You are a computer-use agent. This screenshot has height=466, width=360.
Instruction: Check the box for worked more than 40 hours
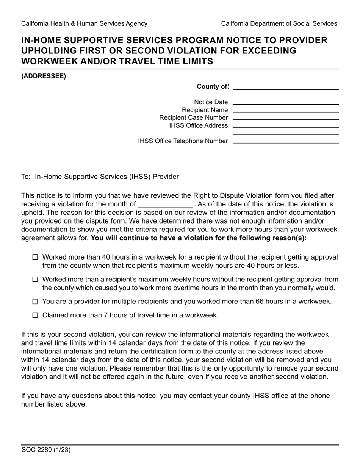coord(35,257)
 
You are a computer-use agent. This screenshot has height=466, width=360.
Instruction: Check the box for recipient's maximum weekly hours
coord(35,280)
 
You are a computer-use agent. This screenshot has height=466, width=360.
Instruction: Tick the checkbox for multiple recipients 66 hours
coord(35,302)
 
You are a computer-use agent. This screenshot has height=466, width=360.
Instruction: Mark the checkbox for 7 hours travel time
coord(35,315)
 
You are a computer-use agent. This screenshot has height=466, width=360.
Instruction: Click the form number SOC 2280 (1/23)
coord(46,450)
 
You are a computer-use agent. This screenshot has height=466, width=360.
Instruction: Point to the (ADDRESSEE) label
coord(44,76)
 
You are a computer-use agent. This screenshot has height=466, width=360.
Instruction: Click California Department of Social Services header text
coord(279,23)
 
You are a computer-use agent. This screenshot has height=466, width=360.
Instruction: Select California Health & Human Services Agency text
coord(84,23)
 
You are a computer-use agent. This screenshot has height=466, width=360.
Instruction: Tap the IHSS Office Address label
coord(199,125)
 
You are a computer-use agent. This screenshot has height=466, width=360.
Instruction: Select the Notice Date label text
coord(211,102)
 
